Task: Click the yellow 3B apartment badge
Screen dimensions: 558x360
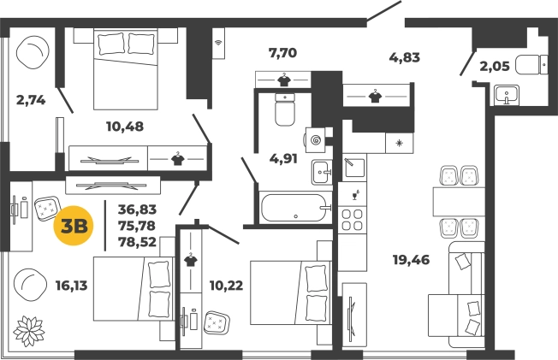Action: tap(74, 226)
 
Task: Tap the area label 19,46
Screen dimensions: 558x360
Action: tap(411, 260)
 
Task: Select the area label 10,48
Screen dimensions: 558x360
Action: tap(125, 127)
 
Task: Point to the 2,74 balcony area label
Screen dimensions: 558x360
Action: tap(31, 100)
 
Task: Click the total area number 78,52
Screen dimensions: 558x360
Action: tap(138, 242)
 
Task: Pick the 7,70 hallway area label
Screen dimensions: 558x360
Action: tap(282, 53)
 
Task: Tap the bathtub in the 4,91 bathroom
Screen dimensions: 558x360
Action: tap(294, 208)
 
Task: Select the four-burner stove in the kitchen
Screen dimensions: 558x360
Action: tap(352, 221)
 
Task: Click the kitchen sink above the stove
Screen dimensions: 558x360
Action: tap(354, 168)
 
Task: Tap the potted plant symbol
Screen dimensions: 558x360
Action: tap(29, 331)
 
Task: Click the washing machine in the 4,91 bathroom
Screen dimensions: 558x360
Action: tap(314, 140)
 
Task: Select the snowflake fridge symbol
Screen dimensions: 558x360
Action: tap(400, 144)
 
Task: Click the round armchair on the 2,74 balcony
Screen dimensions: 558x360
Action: tap(33, 52)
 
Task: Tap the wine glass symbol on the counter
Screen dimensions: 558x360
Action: tap(355, 195)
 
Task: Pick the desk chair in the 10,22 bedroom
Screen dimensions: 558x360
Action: tap(217, 323)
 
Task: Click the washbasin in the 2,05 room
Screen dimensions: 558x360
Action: tap(507, 95)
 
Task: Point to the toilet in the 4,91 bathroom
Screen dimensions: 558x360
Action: tap(285, 109)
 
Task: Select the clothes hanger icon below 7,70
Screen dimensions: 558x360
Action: tap(283, 80)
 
